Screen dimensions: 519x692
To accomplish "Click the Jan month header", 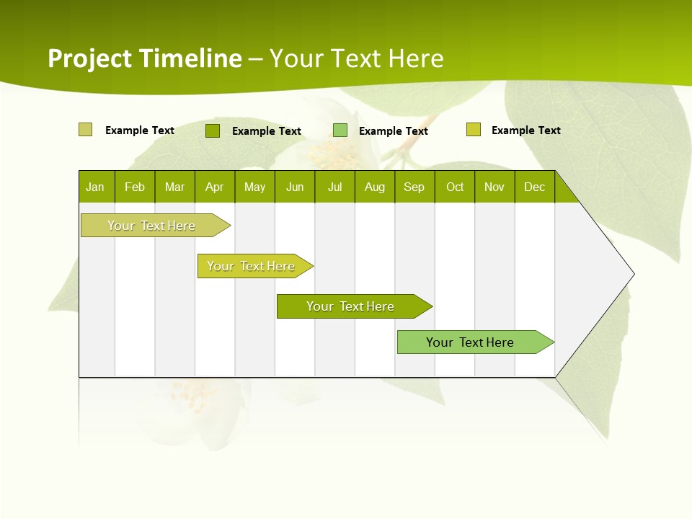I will pos(95,187).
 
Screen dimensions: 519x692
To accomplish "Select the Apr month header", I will pos(214,187).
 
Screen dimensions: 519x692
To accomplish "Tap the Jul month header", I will pos(334,187).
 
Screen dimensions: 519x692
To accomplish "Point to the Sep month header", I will pos(414,187).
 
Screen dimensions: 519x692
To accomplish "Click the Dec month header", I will pos(534,187).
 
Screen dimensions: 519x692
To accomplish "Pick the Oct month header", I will pos(455,187).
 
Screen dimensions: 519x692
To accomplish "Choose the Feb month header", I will pos(135,187).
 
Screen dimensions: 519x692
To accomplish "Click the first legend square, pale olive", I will pos(85,130).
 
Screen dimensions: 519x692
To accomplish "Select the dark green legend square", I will pos(212,130).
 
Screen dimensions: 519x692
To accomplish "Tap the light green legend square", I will pos(340,130).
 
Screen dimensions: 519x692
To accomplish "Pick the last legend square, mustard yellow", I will pos(473,130).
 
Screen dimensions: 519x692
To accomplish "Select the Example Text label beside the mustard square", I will pos(525,130).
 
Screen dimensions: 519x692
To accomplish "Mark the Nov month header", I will pos(494,187).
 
